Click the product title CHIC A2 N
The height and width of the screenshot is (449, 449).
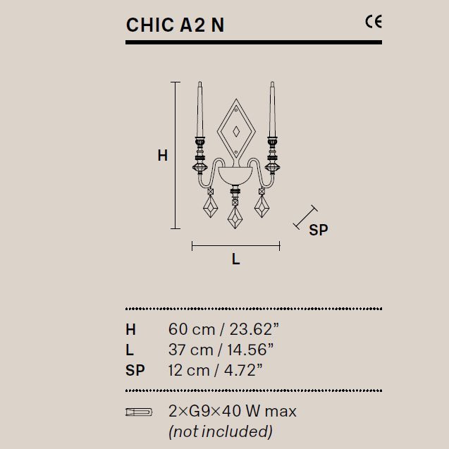(175, 25)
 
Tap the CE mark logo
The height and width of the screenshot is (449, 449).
(374, 22)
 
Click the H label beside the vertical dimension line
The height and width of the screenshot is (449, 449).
(163, 156)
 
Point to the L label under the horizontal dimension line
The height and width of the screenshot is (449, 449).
(235, 259)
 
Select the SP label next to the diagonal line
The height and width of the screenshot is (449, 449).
(319, 230)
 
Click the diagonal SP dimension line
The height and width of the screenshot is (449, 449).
(305, 217)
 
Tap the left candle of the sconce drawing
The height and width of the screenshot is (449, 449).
(200, 109)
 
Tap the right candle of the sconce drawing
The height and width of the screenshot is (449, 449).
(272, 109)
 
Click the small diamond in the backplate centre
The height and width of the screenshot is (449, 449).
(236, 132)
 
